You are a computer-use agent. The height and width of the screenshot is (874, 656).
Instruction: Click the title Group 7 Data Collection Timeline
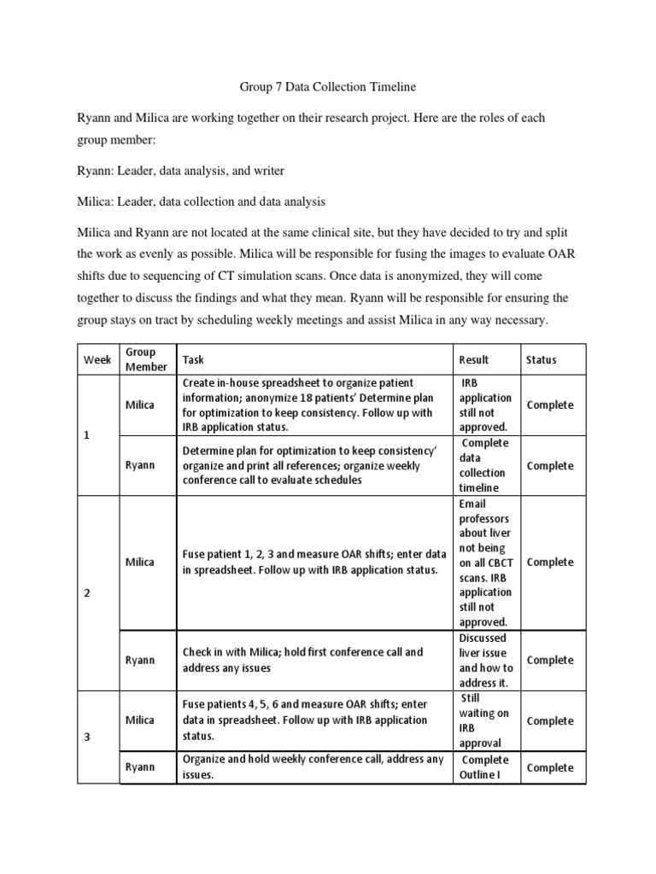click(x=327, y=86)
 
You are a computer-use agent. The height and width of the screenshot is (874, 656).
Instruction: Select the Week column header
click(x=97, y=360)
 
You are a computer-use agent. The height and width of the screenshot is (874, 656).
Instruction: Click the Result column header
click(x=474, y=360)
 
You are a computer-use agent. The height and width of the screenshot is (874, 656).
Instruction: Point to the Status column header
click(x=541, y=360)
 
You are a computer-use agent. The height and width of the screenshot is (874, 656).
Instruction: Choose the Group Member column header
click(x=141, y=359)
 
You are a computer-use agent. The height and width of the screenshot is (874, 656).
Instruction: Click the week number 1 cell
click(x=86, y=435)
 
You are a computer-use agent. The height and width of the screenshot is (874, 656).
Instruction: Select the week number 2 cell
click(x=86, y=594)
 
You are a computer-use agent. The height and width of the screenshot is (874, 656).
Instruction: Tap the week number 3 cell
click(x=86, y=737)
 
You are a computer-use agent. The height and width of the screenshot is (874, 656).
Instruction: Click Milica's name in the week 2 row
click(x=140, y=562)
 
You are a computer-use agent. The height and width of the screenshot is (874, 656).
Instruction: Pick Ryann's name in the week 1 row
click(x=140, y=466)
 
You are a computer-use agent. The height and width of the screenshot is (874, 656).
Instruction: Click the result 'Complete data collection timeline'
click(x=484, y=465)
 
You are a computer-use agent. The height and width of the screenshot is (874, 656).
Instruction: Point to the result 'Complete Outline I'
click(x=484, y=767)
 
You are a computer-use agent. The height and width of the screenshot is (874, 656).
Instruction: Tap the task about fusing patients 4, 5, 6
click(x=305, y=720)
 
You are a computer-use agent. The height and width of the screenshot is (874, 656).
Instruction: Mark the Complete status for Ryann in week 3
click(x=550, y=768)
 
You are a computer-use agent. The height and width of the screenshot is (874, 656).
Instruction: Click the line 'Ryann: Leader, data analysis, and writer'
click(x=181, y=171)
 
